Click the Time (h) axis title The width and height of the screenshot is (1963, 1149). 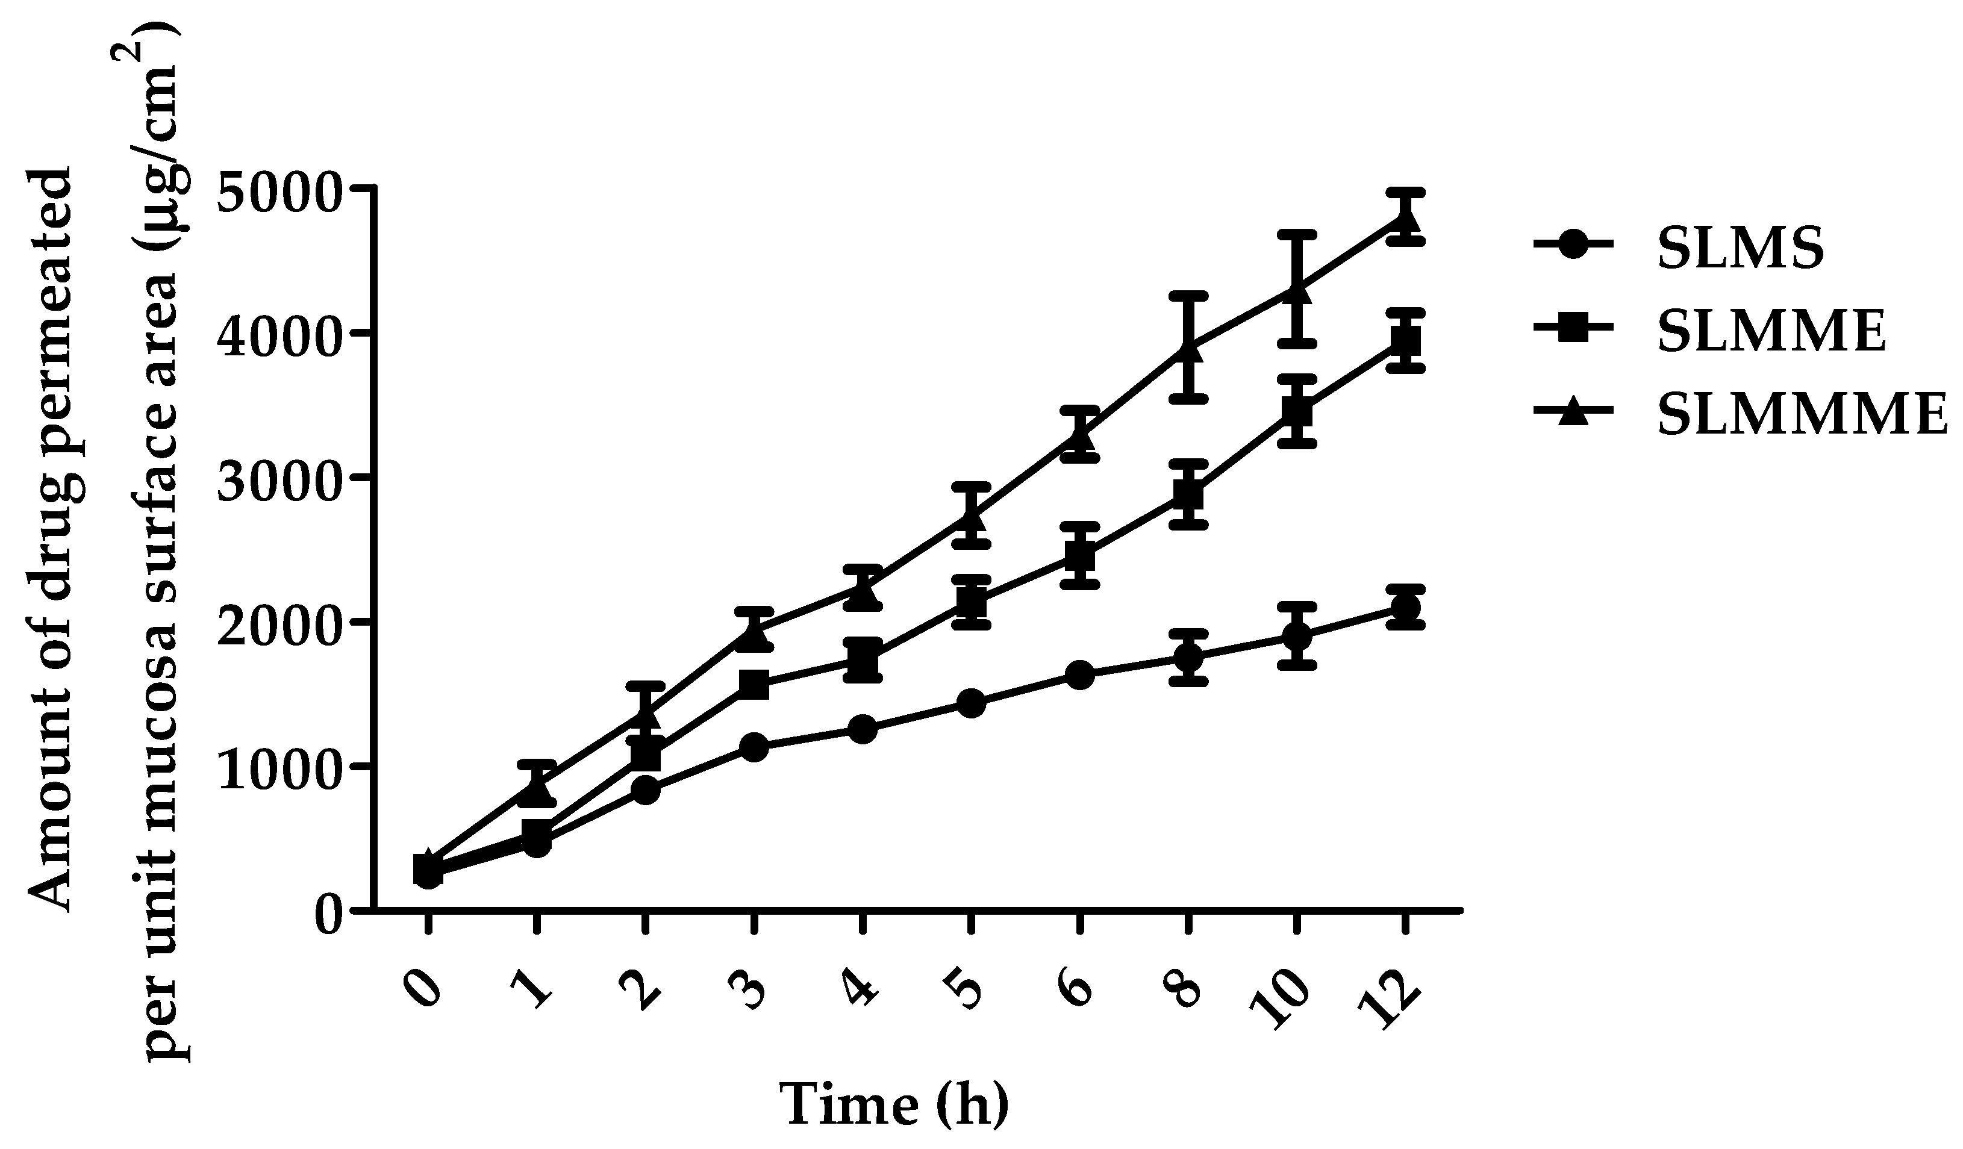[894, 1106]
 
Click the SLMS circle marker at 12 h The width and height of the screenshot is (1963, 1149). [1405, 608]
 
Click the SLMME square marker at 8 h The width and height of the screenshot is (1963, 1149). [1188, 494]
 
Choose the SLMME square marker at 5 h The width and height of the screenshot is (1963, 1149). [970, 602]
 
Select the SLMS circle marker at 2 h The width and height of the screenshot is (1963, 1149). [645, 791]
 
